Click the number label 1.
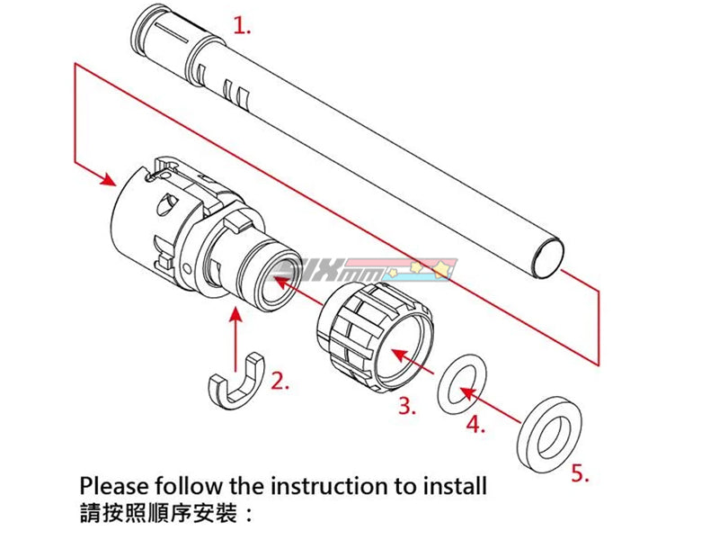[x=242, y=26]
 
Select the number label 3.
[x=407, y=406]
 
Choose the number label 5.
[x=581, y=473]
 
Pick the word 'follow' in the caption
[x=191, y=487]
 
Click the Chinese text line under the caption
[x=166, y=517]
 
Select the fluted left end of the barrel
[x=166, y=36]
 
